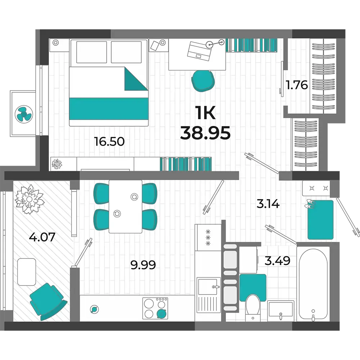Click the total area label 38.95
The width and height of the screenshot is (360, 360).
click(205, 133)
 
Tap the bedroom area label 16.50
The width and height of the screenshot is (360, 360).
click(109, 141)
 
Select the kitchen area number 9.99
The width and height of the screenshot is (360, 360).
click(143, 265)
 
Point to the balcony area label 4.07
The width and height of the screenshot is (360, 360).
click(42, 237)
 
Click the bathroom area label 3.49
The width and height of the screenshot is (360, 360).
click(277, 261)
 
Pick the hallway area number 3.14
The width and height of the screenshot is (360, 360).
click(268, 204)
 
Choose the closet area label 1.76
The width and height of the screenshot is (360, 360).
click(297, 85)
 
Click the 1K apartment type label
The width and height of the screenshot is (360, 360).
click(205, 113)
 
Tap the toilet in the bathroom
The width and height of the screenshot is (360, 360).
click(253, 308)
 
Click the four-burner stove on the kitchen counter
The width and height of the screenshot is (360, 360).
click(155, 309)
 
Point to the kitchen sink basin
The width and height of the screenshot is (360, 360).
click(207, 287)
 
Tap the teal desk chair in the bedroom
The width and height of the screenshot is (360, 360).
click(203, 81)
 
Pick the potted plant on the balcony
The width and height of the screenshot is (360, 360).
click(29, 199)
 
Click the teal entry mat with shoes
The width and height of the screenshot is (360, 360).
click(320, 220)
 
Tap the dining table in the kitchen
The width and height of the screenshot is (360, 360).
click(125, 206)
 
